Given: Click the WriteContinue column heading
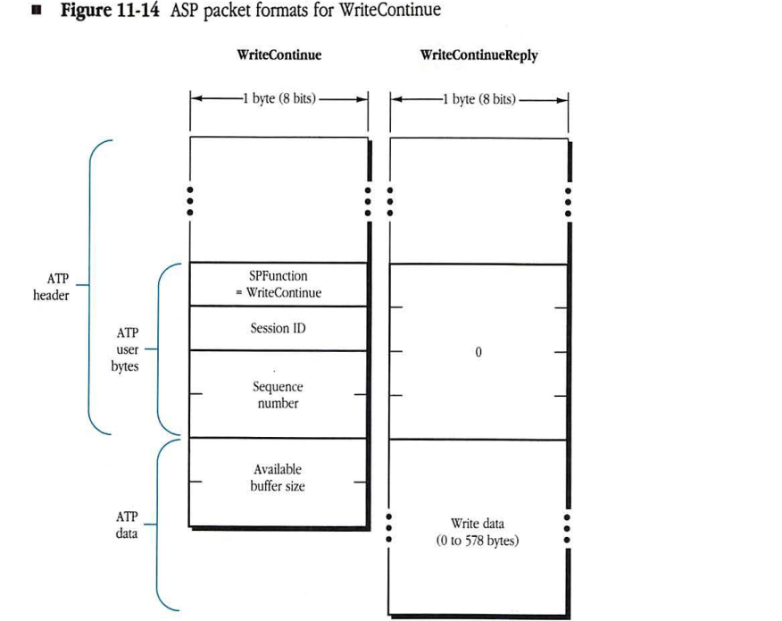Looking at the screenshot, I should [278, 55].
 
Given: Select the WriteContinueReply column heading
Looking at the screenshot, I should [478, 55].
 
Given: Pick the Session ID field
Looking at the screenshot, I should [278, 328].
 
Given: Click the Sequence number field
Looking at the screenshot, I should [278, 395].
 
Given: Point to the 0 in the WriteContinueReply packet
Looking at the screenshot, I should [478, 352].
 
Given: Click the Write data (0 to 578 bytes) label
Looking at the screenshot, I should [478, 533].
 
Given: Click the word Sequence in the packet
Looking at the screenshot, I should [278, 388].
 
